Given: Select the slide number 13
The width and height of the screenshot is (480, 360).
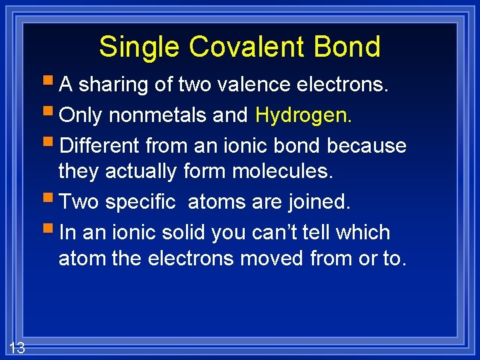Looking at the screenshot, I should (17, 347).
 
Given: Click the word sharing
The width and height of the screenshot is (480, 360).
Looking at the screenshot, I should (111, 85).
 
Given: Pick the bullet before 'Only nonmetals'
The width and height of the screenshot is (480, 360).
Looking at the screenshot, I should (51, 115).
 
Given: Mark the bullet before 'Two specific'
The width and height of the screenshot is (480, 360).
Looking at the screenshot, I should (51, 201).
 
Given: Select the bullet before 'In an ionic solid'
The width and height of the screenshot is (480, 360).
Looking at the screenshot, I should (51, 231).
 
